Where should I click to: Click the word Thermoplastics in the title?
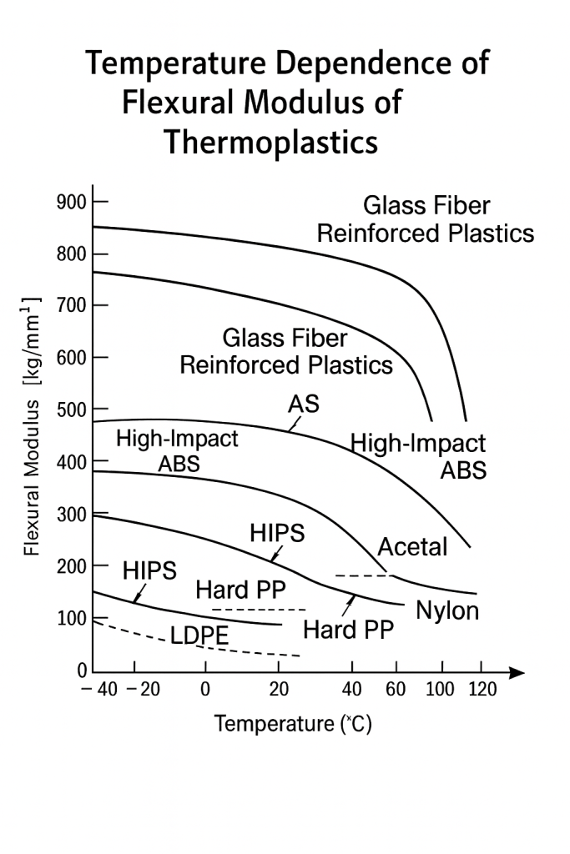(x=270, y=142)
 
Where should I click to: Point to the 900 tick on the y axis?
(x=71, y=202)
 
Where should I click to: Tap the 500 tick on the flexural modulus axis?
(x=71, y=409)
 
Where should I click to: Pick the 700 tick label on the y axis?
(x=71, y=306)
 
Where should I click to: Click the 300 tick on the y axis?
(x=71, y=514)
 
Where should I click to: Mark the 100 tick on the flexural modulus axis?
(x=71, y=618)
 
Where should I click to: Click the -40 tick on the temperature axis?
(x=98, y=690)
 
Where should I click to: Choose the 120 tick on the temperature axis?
(x=482, y=690)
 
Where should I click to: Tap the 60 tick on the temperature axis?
(x=396, y=690)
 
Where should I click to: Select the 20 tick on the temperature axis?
(x=279, y=690)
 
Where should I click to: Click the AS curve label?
(x=303, y=404)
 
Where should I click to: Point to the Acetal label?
(x=412, y=547)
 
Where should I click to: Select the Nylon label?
(x=447, y=610)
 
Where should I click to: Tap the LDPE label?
(x=199, y=636)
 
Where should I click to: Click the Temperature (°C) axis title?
(x=293, y=723)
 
